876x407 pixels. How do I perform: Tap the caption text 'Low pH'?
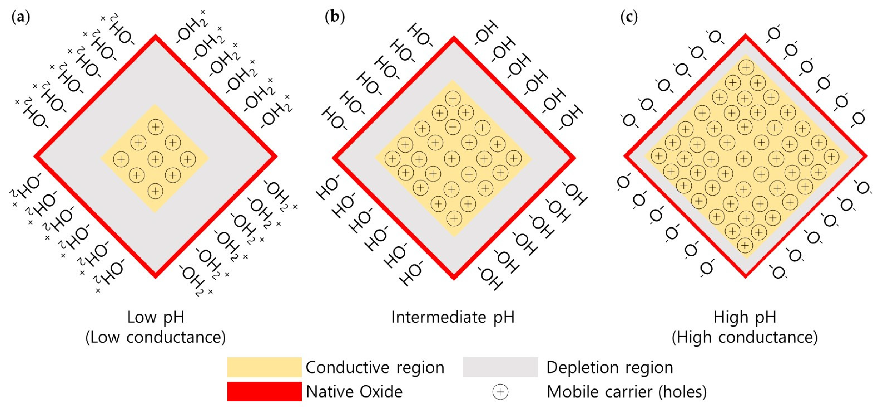156,317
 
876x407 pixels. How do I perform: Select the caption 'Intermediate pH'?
453,317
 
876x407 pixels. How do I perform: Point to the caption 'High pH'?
745,317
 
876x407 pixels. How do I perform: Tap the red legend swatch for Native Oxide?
264,391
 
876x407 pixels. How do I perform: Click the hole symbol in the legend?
500,392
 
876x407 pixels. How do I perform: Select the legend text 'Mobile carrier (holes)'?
626,392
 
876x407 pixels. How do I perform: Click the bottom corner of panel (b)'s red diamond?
454,278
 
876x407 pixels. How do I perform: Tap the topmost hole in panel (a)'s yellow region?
156,127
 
